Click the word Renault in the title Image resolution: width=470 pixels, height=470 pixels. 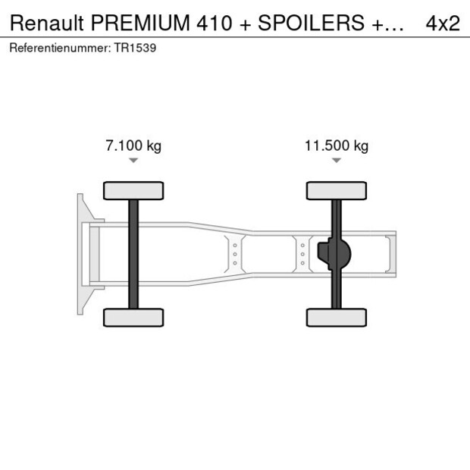[x=47, y=23]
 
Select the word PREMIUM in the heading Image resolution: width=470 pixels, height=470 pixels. [x=140, y=23]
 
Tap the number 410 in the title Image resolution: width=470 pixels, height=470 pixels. [x=215, y=23]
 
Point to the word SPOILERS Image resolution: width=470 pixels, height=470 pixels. [x=311, y=23]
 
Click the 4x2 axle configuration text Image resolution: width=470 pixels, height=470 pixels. [x=443, y=23]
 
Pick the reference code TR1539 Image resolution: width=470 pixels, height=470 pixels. [x=135, y=48]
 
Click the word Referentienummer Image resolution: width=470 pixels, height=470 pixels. [x=60, y=48]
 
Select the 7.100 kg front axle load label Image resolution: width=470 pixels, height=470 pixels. [x=133, y=146]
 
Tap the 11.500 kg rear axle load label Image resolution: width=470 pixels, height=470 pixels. [x=337, y=146]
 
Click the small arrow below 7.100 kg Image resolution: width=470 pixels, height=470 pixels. [x=133, y=161]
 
